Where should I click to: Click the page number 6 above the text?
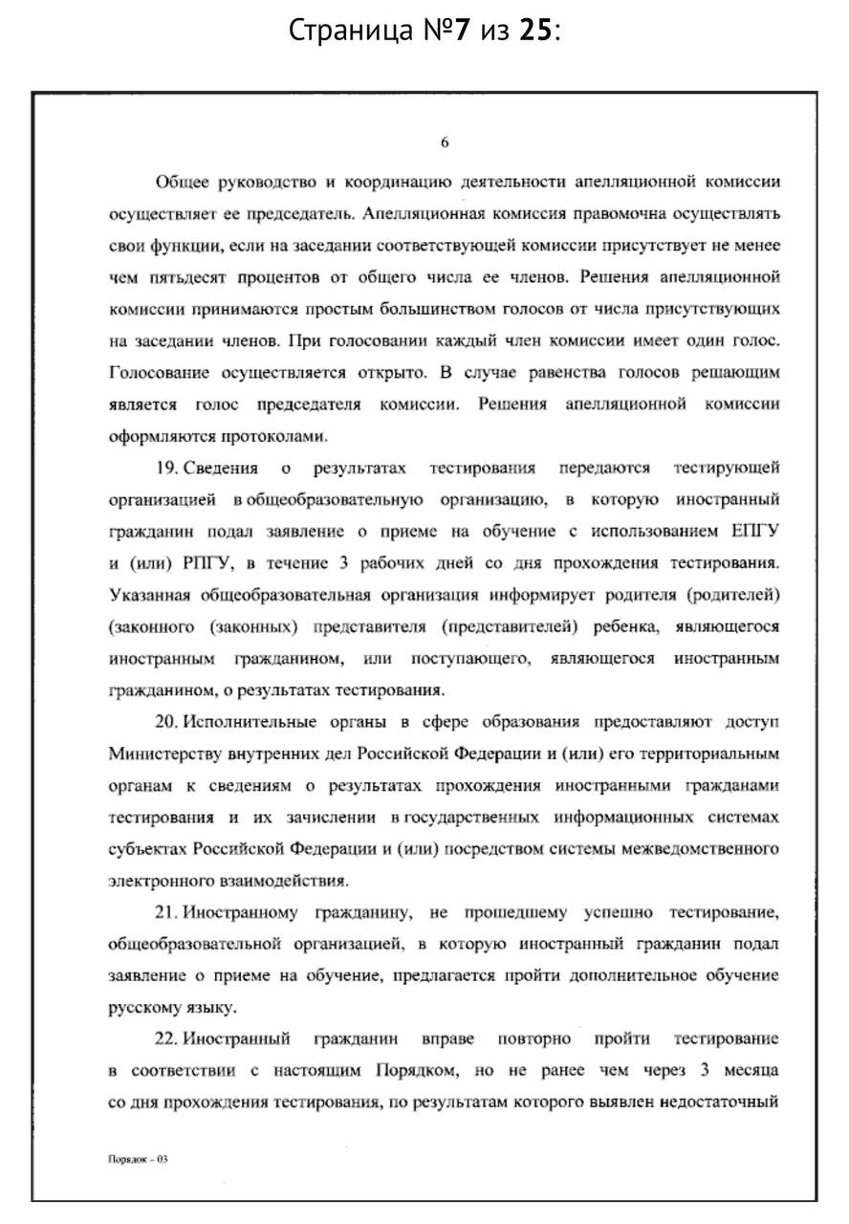(445, 142)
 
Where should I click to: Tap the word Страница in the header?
(339, 31)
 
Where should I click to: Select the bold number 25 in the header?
(536, 31)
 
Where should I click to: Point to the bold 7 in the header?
(461, 31)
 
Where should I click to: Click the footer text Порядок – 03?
(138, 1159)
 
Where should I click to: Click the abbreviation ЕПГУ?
(754, 531)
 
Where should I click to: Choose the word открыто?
(388, 372)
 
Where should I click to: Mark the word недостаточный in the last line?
(717, 1101)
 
